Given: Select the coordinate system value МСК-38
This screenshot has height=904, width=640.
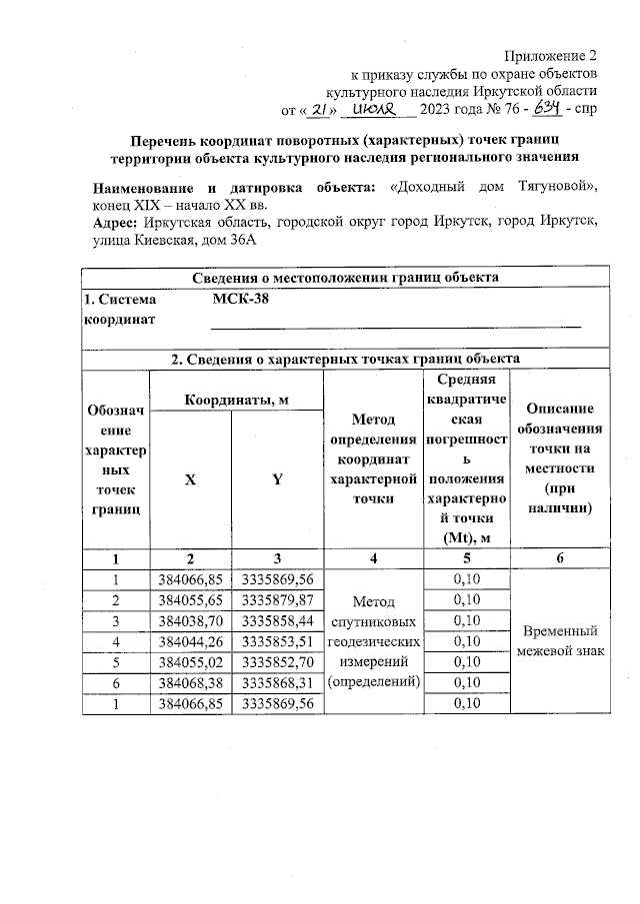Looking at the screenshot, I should click(241, 299).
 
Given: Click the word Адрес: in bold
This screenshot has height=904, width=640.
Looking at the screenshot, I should click(116, 223).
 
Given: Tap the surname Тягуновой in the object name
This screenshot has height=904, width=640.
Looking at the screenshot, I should click(547, 188).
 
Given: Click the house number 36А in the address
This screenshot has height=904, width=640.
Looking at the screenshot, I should click(238, 241).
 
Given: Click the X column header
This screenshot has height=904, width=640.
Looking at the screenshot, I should click(190, 479).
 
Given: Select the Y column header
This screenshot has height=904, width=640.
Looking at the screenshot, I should click(276, 479).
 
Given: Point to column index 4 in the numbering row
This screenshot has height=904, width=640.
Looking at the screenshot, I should click(372, 559).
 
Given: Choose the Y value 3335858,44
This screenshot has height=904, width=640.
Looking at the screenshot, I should click(278, 620).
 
